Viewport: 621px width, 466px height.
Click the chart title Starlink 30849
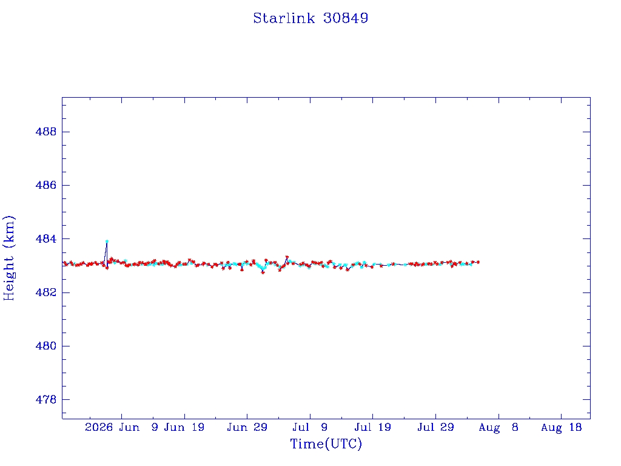[x=310, y=18]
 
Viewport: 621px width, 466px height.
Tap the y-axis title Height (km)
[x=8, y=258]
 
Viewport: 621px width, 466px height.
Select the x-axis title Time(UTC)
[x=326, y=444]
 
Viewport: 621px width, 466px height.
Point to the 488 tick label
[x=46, y=132]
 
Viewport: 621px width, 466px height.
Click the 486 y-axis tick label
[x=46, y=185]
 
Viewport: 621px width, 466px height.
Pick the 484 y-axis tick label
[x=46, y=239]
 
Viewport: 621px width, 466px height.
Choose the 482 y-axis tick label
[x=46, y=292]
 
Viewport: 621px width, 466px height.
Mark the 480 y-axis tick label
[x=46, y=346]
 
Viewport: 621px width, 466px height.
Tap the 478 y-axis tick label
[x=46, y=399]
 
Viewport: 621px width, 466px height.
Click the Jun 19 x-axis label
[x=184, y=427]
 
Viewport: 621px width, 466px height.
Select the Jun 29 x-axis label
[x=247, y=427]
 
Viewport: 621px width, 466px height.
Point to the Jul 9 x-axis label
[x=310, y=427]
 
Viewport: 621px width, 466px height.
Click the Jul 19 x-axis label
[x=373, y=427]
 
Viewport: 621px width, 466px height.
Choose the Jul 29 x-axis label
[x=435, y=427]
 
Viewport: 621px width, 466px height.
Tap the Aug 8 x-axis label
[x=498, y=427]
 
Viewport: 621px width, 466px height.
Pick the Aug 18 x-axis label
[x=561, y=427]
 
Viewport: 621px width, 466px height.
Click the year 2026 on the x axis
[x=99, y=427]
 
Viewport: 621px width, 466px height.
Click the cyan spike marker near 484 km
[x=107, y=241]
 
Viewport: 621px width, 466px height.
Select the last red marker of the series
[x=478, y=262]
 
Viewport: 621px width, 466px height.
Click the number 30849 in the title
[x=346, y=18]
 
